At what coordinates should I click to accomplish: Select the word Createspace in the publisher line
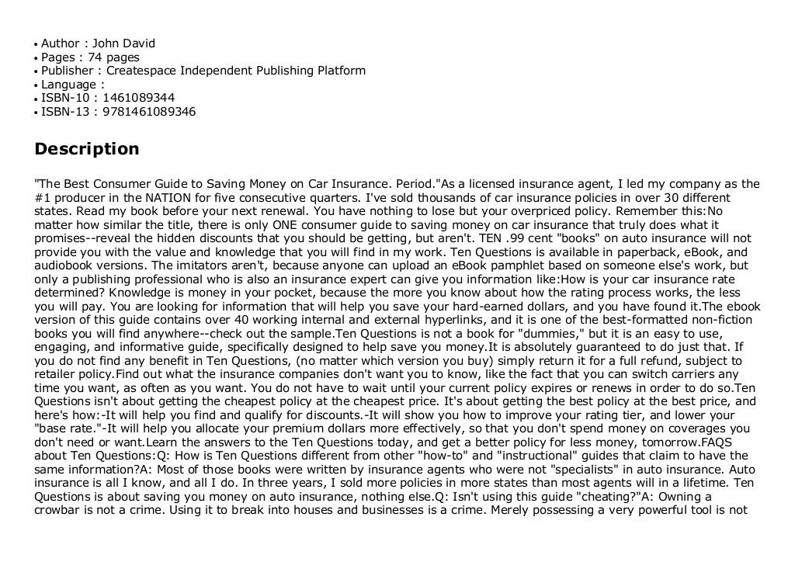[x=141, y=71]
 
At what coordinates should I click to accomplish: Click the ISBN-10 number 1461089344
[x=138, y=98]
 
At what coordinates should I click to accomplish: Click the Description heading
[x=87, y=149]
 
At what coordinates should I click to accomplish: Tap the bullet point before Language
[x=36, y=85]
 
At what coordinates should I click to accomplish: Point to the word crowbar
[x=59, y=511]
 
